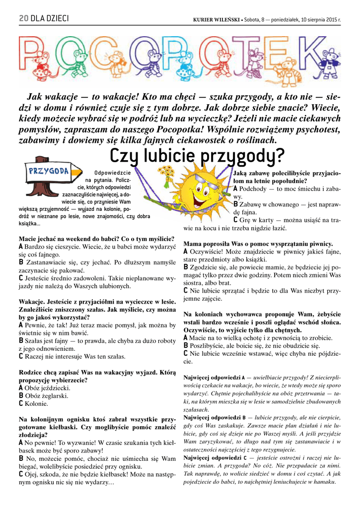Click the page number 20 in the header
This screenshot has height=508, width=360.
coord(23,19)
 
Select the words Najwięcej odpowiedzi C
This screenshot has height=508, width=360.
coord(215,457)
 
